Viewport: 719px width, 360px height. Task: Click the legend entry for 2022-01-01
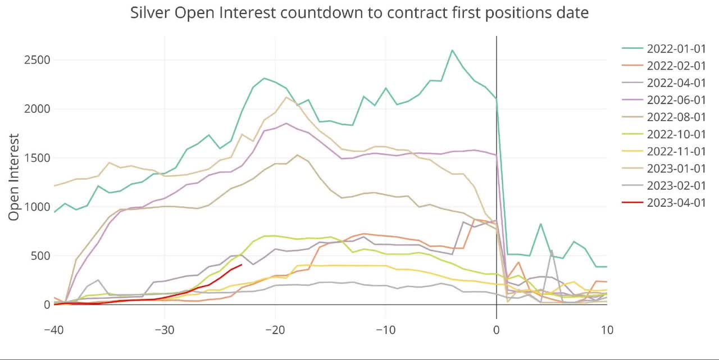(x=676, y=48)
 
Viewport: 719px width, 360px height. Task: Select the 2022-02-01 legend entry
(x=676, y=66)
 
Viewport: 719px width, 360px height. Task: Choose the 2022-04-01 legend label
(x=676, y=83)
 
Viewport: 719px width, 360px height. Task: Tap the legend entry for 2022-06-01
(x=676, y=100)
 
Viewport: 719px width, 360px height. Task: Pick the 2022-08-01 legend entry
(x=676, y=117)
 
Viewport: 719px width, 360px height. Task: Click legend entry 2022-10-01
(x=676, y=134)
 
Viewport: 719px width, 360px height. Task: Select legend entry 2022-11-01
(x=676, y=151)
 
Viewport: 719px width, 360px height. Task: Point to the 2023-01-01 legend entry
(x=676, y=168)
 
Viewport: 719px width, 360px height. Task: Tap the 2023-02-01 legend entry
(x=676, y=185)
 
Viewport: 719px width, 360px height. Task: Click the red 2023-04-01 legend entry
(x=676, y=203)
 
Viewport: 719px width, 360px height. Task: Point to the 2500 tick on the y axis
(x=37, y=60)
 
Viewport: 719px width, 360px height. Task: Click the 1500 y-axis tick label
(x=37, y=158)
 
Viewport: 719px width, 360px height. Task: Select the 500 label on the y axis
(x=40, y=256)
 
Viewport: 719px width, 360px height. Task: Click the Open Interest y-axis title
(x=15, y=177)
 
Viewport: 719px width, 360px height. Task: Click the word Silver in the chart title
(x=151, y=12)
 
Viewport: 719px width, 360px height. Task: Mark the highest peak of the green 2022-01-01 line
(x=452, y=50)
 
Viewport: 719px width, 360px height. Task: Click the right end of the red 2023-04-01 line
(x=242, y=265)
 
